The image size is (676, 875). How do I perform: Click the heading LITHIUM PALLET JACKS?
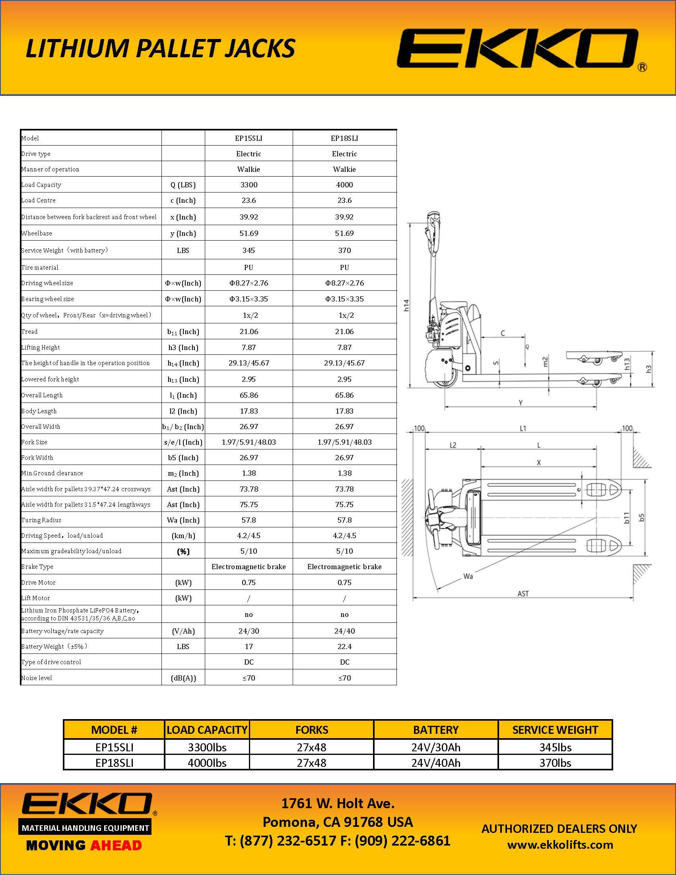tap(161, 49)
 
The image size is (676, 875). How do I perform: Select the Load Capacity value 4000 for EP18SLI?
tap(344, 185)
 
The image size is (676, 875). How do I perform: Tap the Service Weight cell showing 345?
tap(248, 251)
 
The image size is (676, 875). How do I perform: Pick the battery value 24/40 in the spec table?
tap(344, 631)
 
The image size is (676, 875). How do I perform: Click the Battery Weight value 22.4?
tap(344, 646)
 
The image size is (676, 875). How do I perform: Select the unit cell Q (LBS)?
tap(183, 185)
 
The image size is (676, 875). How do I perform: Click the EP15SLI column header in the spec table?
tap(248, 138)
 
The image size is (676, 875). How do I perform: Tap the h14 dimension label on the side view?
tap(406, 305)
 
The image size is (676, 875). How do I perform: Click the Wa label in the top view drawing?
tap(468, 577)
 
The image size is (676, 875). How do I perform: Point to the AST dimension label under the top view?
tap(523, 594)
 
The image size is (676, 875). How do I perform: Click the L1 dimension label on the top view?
tap(523, 428)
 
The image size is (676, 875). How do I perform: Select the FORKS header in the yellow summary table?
tap(312, 730)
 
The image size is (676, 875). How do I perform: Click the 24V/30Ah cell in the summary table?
tap(436, 747)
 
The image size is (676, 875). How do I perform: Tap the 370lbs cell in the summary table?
tap(555, 763)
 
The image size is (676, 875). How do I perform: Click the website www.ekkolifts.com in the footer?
tap(560, 845)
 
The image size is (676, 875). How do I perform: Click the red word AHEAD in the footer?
tap(116, 845)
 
